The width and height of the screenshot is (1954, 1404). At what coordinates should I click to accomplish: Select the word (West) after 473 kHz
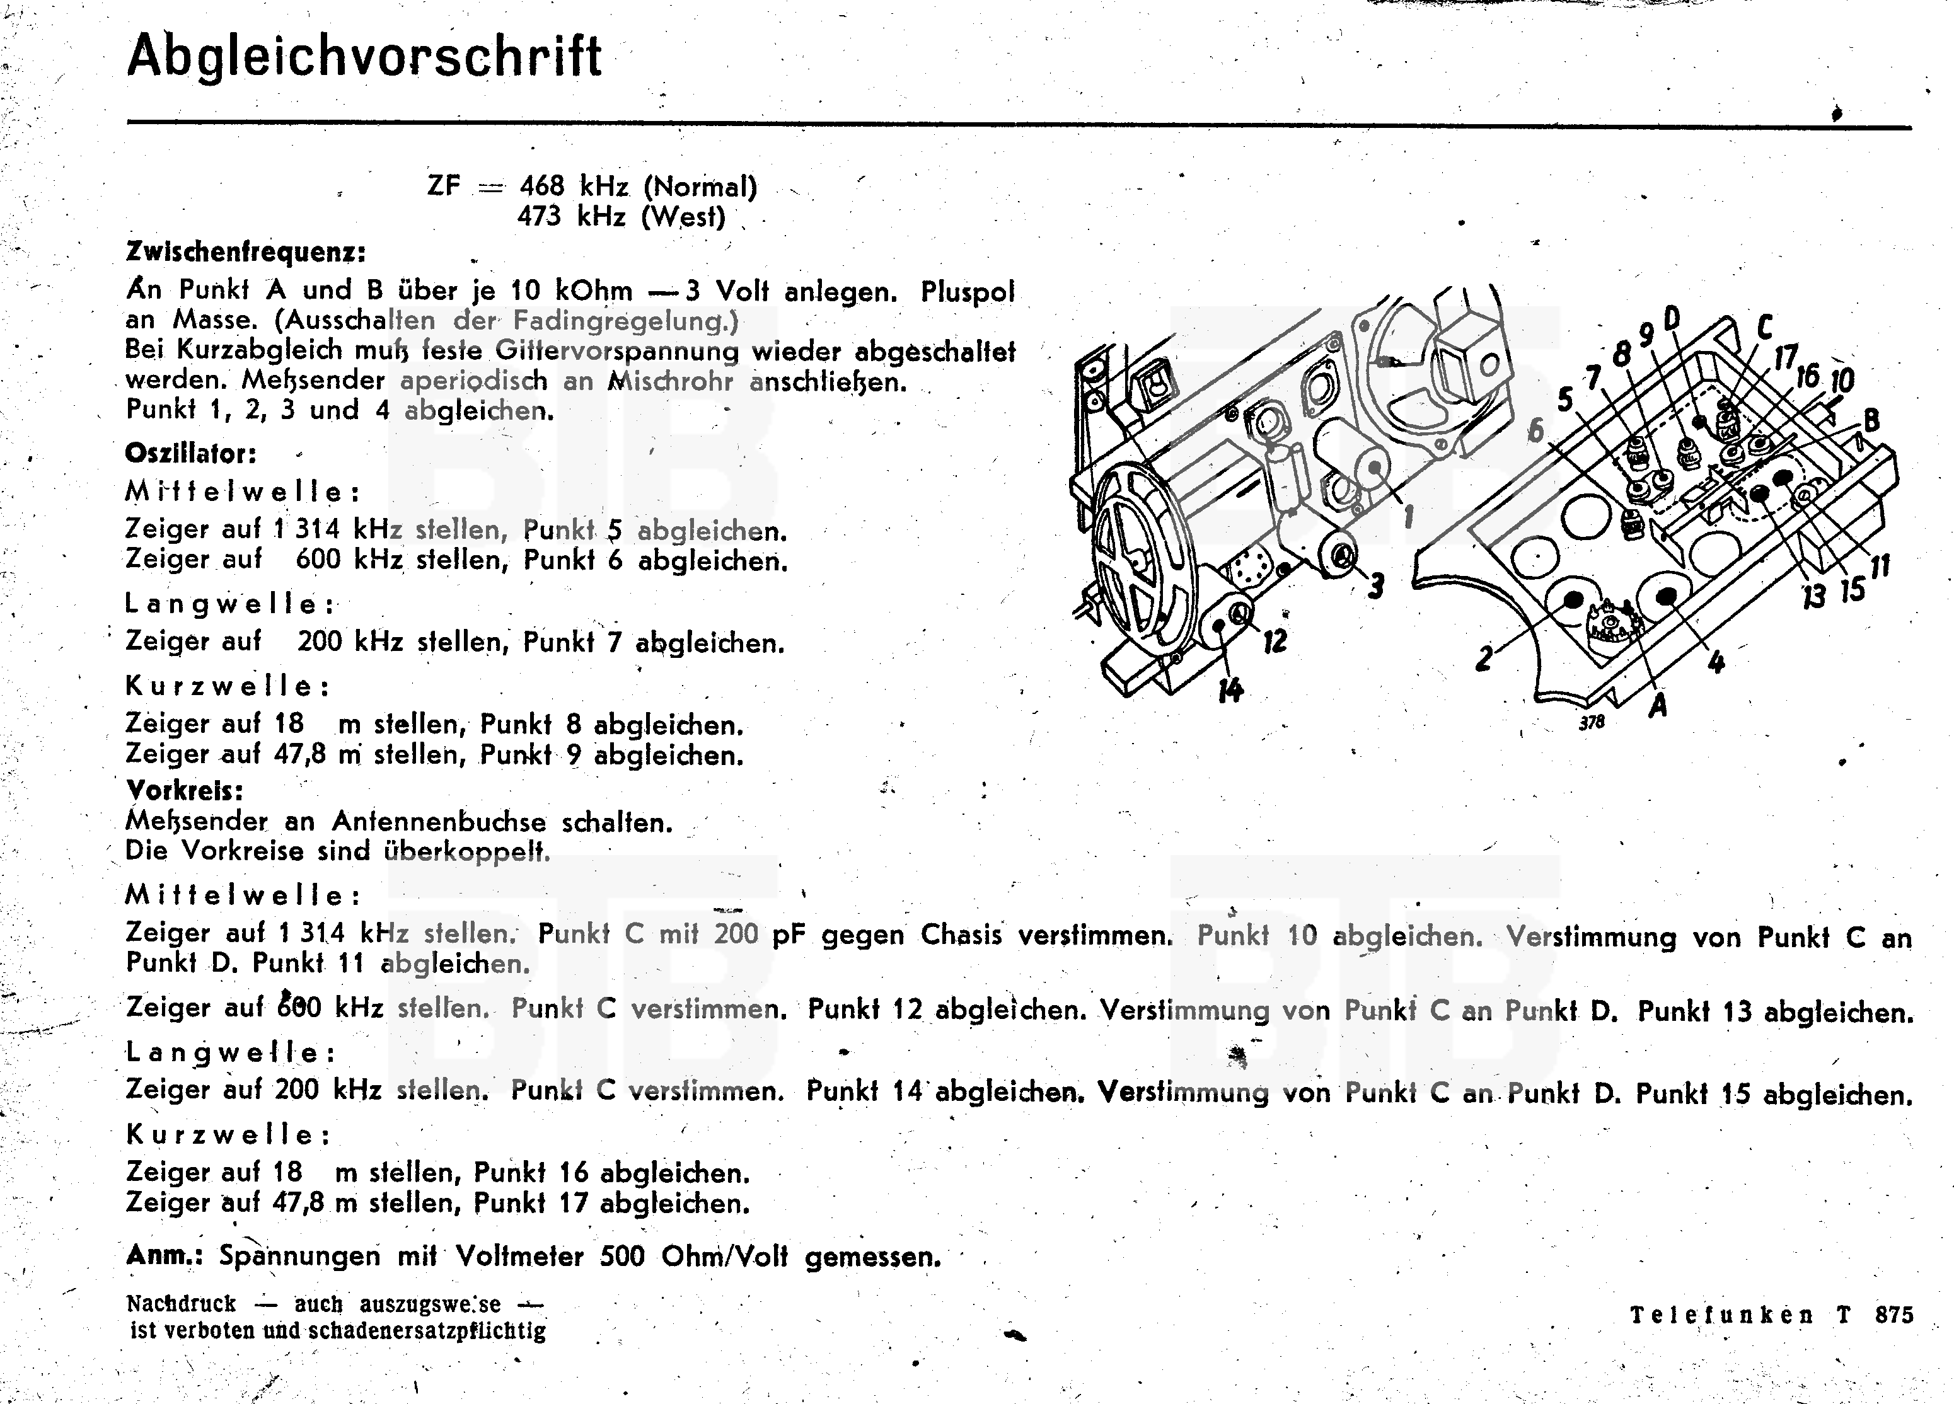[683, 216]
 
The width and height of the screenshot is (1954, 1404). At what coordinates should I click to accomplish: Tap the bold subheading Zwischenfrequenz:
[246, 252]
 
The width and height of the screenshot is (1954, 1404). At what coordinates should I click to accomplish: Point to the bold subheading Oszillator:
[190, 453]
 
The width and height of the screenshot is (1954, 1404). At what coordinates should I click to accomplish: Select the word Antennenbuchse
[439, 822]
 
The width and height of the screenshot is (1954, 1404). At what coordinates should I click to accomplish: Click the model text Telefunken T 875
[1771, 1315]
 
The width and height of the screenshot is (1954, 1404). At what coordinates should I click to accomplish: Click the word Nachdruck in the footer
[181, 1304]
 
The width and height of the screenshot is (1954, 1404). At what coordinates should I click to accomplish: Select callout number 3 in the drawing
[1375, 587]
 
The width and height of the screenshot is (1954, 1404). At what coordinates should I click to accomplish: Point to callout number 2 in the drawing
[1483, 658]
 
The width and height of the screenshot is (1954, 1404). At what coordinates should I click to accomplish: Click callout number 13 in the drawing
[1813, 594]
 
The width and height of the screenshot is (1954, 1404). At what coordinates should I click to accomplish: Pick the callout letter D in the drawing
[1672, 319]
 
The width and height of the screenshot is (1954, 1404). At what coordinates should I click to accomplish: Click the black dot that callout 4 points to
[1665, 596]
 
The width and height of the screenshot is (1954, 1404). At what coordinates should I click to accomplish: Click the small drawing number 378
[1592, 723]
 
